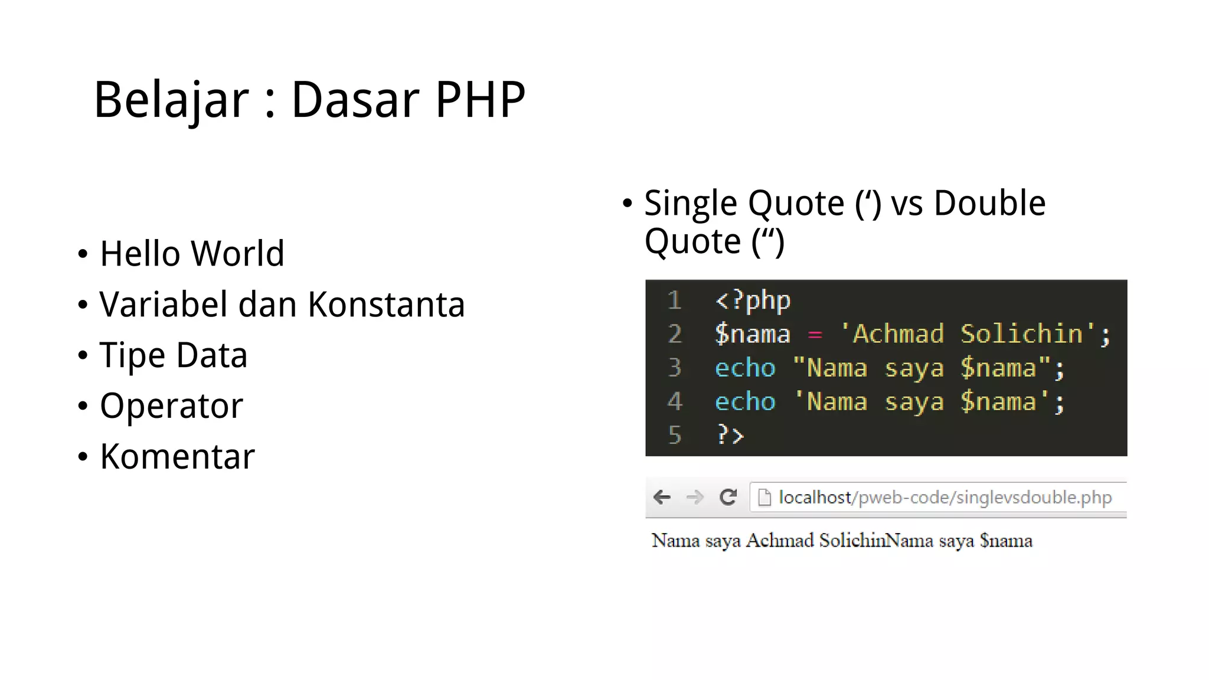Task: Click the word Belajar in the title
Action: pyautogui.click(x=171, y=100)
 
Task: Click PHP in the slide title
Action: pyautogui.click(x=479, y=100)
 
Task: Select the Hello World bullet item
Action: pyautogui.click(x=192, y=254)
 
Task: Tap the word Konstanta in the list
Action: pyautogui.click(x=386, y=305)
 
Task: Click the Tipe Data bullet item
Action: pyautogui.click(x=173, y=355)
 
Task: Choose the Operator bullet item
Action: pyautogui.click(x=171, y=406)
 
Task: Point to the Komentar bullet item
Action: pyautogui.click(x=177, y=457)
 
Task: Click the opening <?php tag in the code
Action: pyautogui.click(x=753, y=301)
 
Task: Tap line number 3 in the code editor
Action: pyautogui.click(x=675, y=368)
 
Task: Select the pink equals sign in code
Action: pyautogui.click(x=815, y=335)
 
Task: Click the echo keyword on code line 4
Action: pyautogui.click(x=745, y=402)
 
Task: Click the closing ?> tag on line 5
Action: pyautogui.click(x=730, y=435)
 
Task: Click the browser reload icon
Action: pyautogui.click(x=728, y=497)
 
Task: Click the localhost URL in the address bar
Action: pyautogui.click(x=945, y=498)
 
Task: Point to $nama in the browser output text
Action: pyautogui.click(x=1006, y=541)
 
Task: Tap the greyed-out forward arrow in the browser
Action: pyautogui.click(x=695, y=497)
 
